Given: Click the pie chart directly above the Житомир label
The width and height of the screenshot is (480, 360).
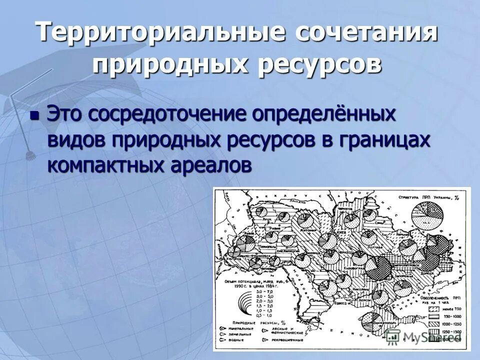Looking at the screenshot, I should pos(303,219).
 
